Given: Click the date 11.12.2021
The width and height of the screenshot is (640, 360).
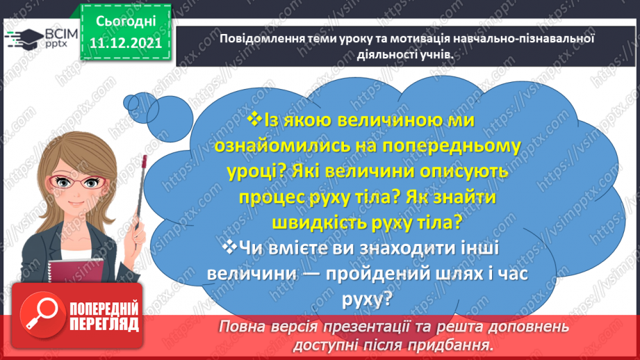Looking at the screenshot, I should (x=125, y=43).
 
